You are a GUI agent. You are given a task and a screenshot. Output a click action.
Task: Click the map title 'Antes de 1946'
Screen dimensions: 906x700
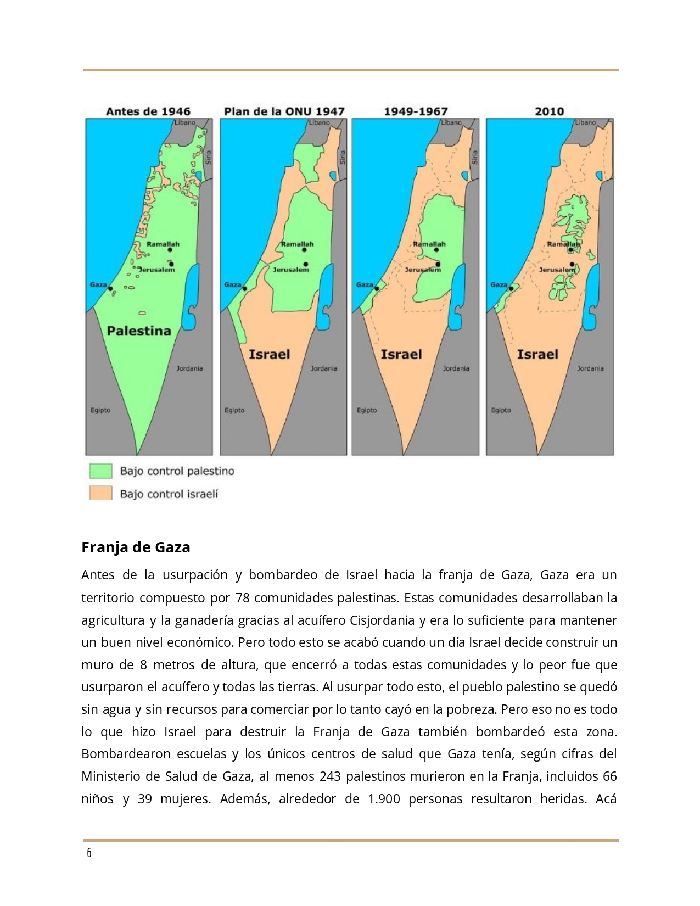point(148,111)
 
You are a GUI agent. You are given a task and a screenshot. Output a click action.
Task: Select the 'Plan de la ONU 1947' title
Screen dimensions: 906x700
point(284,111)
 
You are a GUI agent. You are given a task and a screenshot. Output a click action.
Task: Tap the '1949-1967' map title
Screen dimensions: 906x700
point(416,111)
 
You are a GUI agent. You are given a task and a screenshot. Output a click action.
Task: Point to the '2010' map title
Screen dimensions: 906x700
point(549,111)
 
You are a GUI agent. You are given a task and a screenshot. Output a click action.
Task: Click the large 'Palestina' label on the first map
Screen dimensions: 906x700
point(139,331)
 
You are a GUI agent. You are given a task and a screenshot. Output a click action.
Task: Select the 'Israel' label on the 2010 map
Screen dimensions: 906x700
point(537,354)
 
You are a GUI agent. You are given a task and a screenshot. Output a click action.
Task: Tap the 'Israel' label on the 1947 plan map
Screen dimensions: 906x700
point(269,354)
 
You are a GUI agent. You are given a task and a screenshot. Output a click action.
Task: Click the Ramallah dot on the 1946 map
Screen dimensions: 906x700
point(170,250)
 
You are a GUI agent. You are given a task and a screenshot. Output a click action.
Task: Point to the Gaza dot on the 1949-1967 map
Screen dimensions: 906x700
point(377,289)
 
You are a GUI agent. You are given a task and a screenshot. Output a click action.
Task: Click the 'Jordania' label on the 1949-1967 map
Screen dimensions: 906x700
point(456,368)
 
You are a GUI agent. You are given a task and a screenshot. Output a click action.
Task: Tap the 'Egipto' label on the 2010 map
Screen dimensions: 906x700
point(501,410)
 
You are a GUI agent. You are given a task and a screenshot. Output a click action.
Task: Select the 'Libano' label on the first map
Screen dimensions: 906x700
point(184,122)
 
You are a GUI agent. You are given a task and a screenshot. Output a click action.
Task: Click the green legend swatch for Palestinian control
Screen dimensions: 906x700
point(101,471)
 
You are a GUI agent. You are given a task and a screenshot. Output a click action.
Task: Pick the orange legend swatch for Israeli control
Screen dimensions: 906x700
point(101,493)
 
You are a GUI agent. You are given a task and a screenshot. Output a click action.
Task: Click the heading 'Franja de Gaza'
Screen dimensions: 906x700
point(136,547)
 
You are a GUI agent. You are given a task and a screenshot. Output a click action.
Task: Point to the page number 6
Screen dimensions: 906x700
point(89,853)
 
